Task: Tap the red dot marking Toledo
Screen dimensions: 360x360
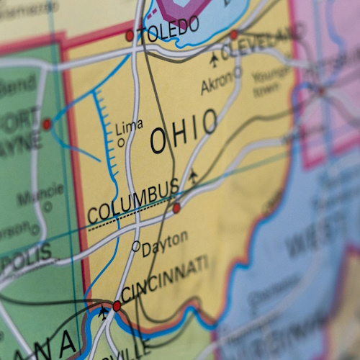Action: [130, 35]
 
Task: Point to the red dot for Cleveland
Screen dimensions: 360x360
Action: [233, 35]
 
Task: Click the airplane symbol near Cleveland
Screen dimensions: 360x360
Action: [214, 58]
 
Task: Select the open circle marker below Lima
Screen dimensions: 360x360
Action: [121, 143]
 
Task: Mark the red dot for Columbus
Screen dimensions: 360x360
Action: [176, 208]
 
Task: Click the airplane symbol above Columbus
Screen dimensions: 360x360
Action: [193, 176]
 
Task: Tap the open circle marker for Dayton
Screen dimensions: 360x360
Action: [136, 246]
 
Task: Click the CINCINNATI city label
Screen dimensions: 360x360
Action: [165, 280]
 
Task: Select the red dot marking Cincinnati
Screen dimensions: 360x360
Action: [117, 306]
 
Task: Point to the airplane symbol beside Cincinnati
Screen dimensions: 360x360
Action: [103, 312]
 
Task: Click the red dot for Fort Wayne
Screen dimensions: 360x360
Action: [47, 125]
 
